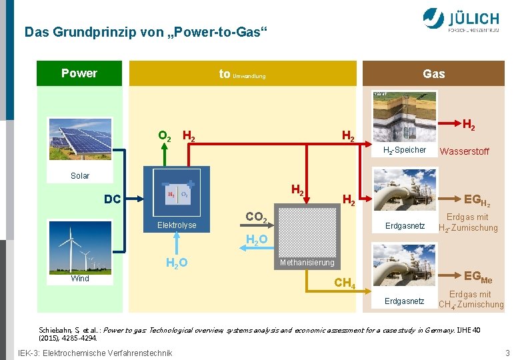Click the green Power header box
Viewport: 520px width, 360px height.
(79, 73)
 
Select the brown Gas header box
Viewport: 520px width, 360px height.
(433, 73)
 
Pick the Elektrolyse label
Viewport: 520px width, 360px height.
(177, 225)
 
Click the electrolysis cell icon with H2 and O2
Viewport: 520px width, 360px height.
(176, 196)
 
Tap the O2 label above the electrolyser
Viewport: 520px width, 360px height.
(165, 137)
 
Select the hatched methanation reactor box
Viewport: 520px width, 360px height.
(306, 231)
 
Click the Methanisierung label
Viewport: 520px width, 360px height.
(307, 263)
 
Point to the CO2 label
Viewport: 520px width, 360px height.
(257, 217)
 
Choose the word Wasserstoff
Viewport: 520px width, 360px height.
(465, 152)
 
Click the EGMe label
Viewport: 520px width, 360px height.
(478, 276)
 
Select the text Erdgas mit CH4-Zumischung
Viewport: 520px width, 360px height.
(471, 299)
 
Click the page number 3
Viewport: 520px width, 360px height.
(507, 353)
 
